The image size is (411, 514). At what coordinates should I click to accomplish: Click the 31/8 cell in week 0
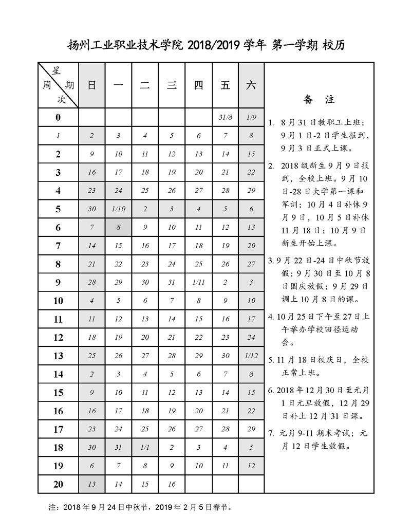(225, 118)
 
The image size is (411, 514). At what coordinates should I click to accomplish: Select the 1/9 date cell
(251, 118)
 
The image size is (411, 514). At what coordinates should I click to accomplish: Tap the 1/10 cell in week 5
(118, 209)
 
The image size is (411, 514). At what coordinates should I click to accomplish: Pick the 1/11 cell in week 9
(198, 282)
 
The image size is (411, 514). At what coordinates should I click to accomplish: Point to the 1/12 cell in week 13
(251, 356)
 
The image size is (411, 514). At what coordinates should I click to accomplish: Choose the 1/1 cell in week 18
(145, 447)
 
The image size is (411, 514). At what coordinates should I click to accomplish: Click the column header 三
(172, 86)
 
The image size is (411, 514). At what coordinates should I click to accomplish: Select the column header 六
(251, 86)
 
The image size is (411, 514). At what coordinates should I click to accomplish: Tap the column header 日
(91, 86)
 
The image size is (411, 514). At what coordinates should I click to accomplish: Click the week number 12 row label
(58, 338)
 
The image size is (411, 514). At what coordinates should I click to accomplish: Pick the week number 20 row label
(58, 484)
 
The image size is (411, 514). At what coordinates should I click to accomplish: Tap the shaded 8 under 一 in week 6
(118, 227)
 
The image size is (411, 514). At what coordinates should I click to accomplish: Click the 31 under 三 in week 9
(172, 282)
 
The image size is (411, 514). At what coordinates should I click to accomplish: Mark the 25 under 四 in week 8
(198, 264)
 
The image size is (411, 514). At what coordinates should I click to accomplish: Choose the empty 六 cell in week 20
(251, 484)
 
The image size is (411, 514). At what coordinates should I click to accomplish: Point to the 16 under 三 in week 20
(172, 484)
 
